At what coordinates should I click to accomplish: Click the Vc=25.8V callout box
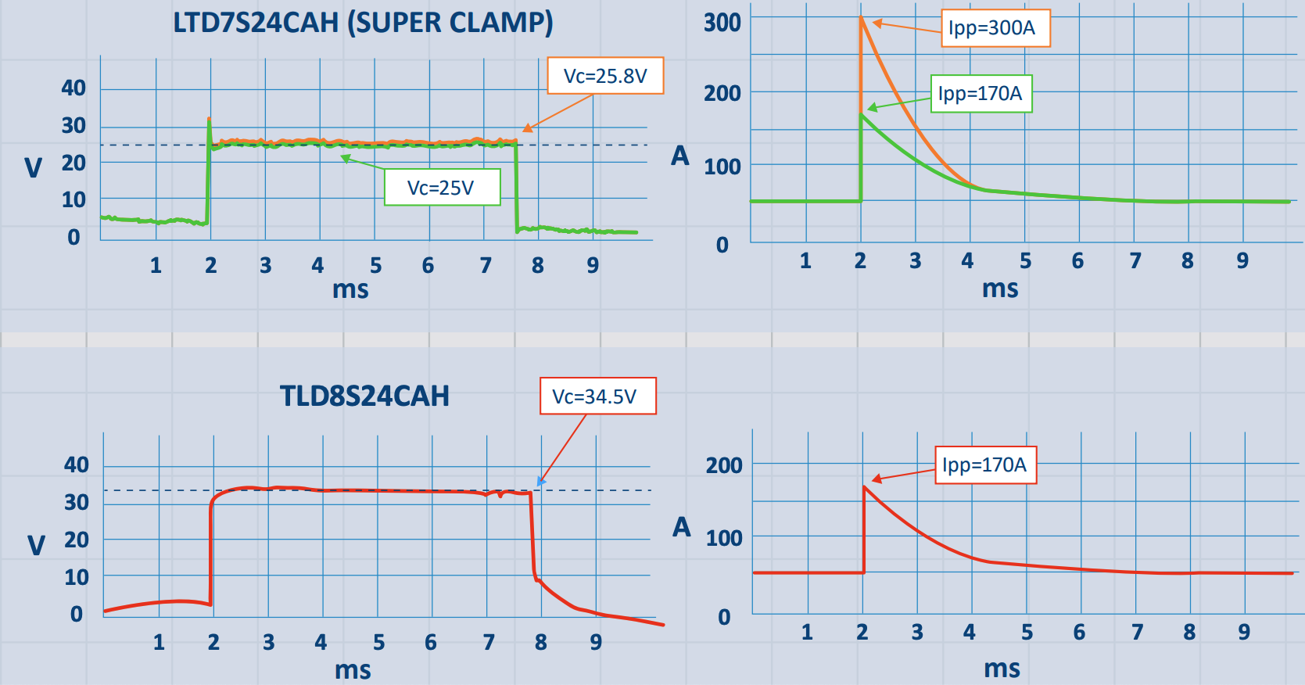(605, 76)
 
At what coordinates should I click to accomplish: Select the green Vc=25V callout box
(442, 188)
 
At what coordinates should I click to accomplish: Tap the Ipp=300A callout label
(995, 28)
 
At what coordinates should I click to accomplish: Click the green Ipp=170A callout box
(981, 94)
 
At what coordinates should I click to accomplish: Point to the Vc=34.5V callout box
(597, 396)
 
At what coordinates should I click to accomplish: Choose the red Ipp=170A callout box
(985, 465)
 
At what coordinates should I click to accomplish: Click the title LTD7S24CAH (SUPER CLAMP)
(363, 23)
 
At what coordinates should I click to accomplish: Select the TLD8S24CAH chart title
(364, 396)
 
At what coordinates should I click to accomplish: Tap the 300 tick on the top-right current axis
(722, 23)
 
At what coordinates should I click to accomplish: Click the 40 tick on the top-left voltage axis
(73, 88)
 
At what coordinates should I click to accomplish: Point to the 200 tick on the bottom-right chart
(724, 465)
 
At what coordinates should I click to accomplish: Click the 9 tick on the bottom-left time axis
(596, 642)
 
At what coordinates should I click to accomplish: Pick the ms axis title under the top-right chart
(1000, 289)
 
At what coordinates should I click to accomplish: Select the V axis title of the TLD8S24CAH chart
(36, 545)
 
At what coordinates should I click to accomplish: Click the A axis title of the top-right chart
(680, 156)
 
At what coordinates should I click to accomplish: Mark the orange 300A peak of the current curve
(862, 18)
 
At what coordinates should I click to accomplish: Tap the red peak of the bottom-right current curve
(865, 487)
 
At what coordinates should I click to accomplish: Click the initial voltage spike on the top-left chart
(209, 120)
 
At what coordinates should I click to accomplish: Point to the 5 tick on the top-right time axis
(1025, 260)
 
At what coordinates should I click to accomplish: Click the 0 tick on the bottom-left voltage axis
(77, 614)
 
